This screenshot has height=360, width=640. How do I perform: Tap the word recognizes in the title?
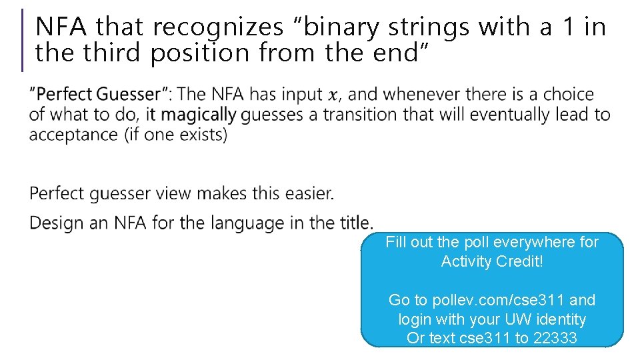pyautogui.click(x=218, y=27)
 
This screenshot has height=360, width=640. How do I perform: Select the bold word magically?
pyautogui.click(x=198, y=115)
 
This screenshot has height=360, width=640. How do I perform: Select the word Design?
pyautogui.click(x=56, y=222)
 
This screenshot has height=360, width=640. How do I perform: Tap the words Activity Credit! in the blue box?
pyautogui.click(x=492, y=261)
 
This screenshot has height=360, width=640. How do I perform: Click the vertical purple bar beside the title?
pyautogui.click(x=23, y=40)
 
